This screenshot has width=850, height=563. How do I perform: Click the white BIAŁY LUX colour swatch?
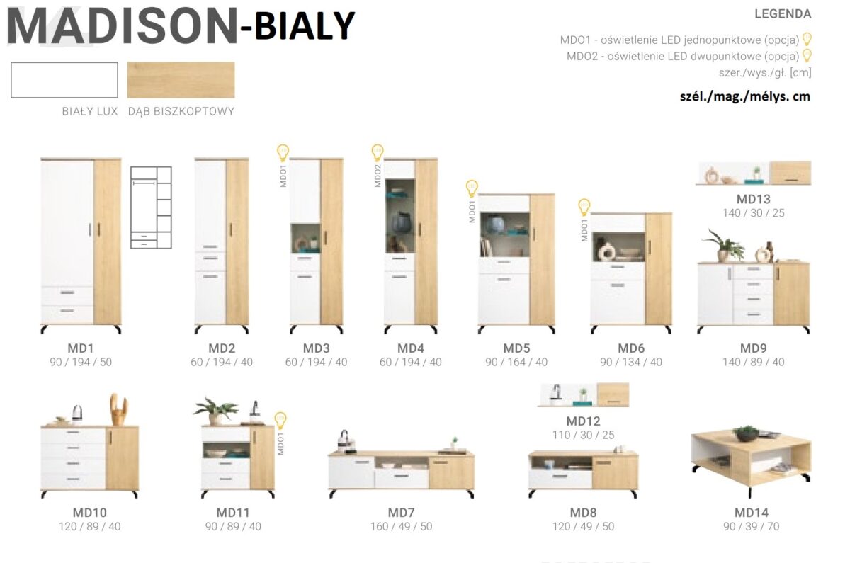64,80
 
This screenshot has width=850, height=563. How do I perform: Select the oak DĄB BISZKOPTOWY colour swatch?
181,80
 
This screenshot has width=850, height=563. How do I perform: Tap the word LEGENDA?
783,14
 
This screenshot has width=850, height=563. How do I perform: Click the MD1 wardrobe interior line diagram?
151,207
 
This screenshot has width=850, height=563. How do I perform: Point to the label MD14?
752,513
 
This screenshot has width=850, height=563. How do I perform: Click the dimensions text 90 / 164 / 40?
516,363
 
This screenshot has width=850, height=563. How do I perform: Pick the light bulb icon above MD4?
378,153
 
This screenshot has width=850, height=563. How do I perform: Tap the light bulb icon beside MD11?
280,421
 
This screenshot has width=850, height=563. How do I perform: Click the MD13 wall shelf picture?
753,173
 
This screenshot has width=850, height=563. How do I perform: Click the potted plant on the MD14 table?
747,433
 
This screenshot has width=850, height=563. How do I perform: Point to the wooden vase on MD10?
118,410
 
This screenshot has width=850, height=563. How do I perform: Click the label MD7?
401,513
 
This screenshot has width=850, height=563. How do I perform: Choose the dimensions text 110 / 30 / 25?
583,435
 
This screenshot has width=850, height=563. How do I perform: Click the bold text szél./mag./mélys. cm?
745,97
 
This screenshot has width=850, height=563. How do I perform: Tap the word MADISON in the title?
122,27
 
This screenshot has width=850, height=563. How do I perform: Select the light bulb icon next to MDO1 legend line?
807,39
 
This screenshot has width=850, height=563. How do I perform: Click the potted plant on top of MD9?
724,246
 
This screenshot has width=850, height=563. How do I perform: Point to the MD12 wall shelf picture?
583,395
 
